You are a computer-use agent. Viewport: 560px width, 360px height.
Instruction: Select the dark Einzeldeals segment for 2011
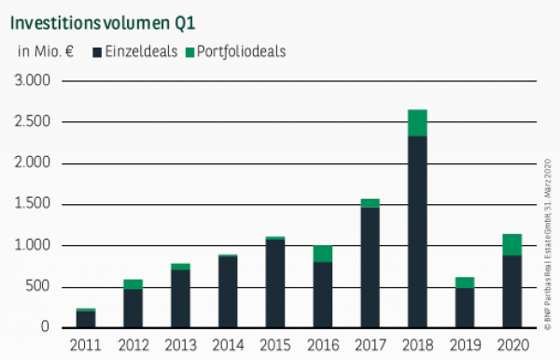pyautogui.click(x=85, y=319)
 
